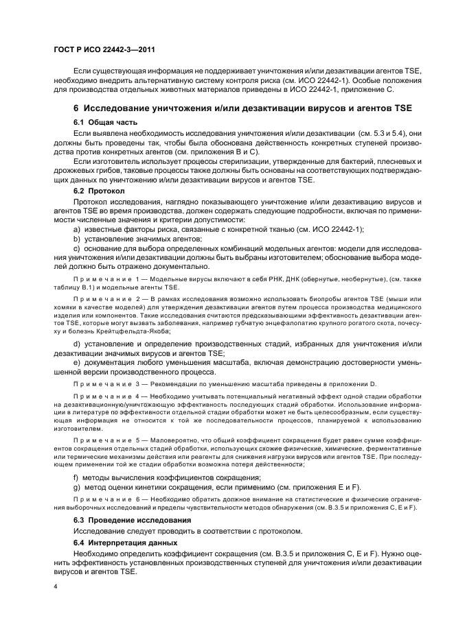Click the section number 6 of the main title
pos(76,107)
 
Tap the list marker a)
pos(76,228)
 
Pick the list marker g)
pos(76,486)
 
